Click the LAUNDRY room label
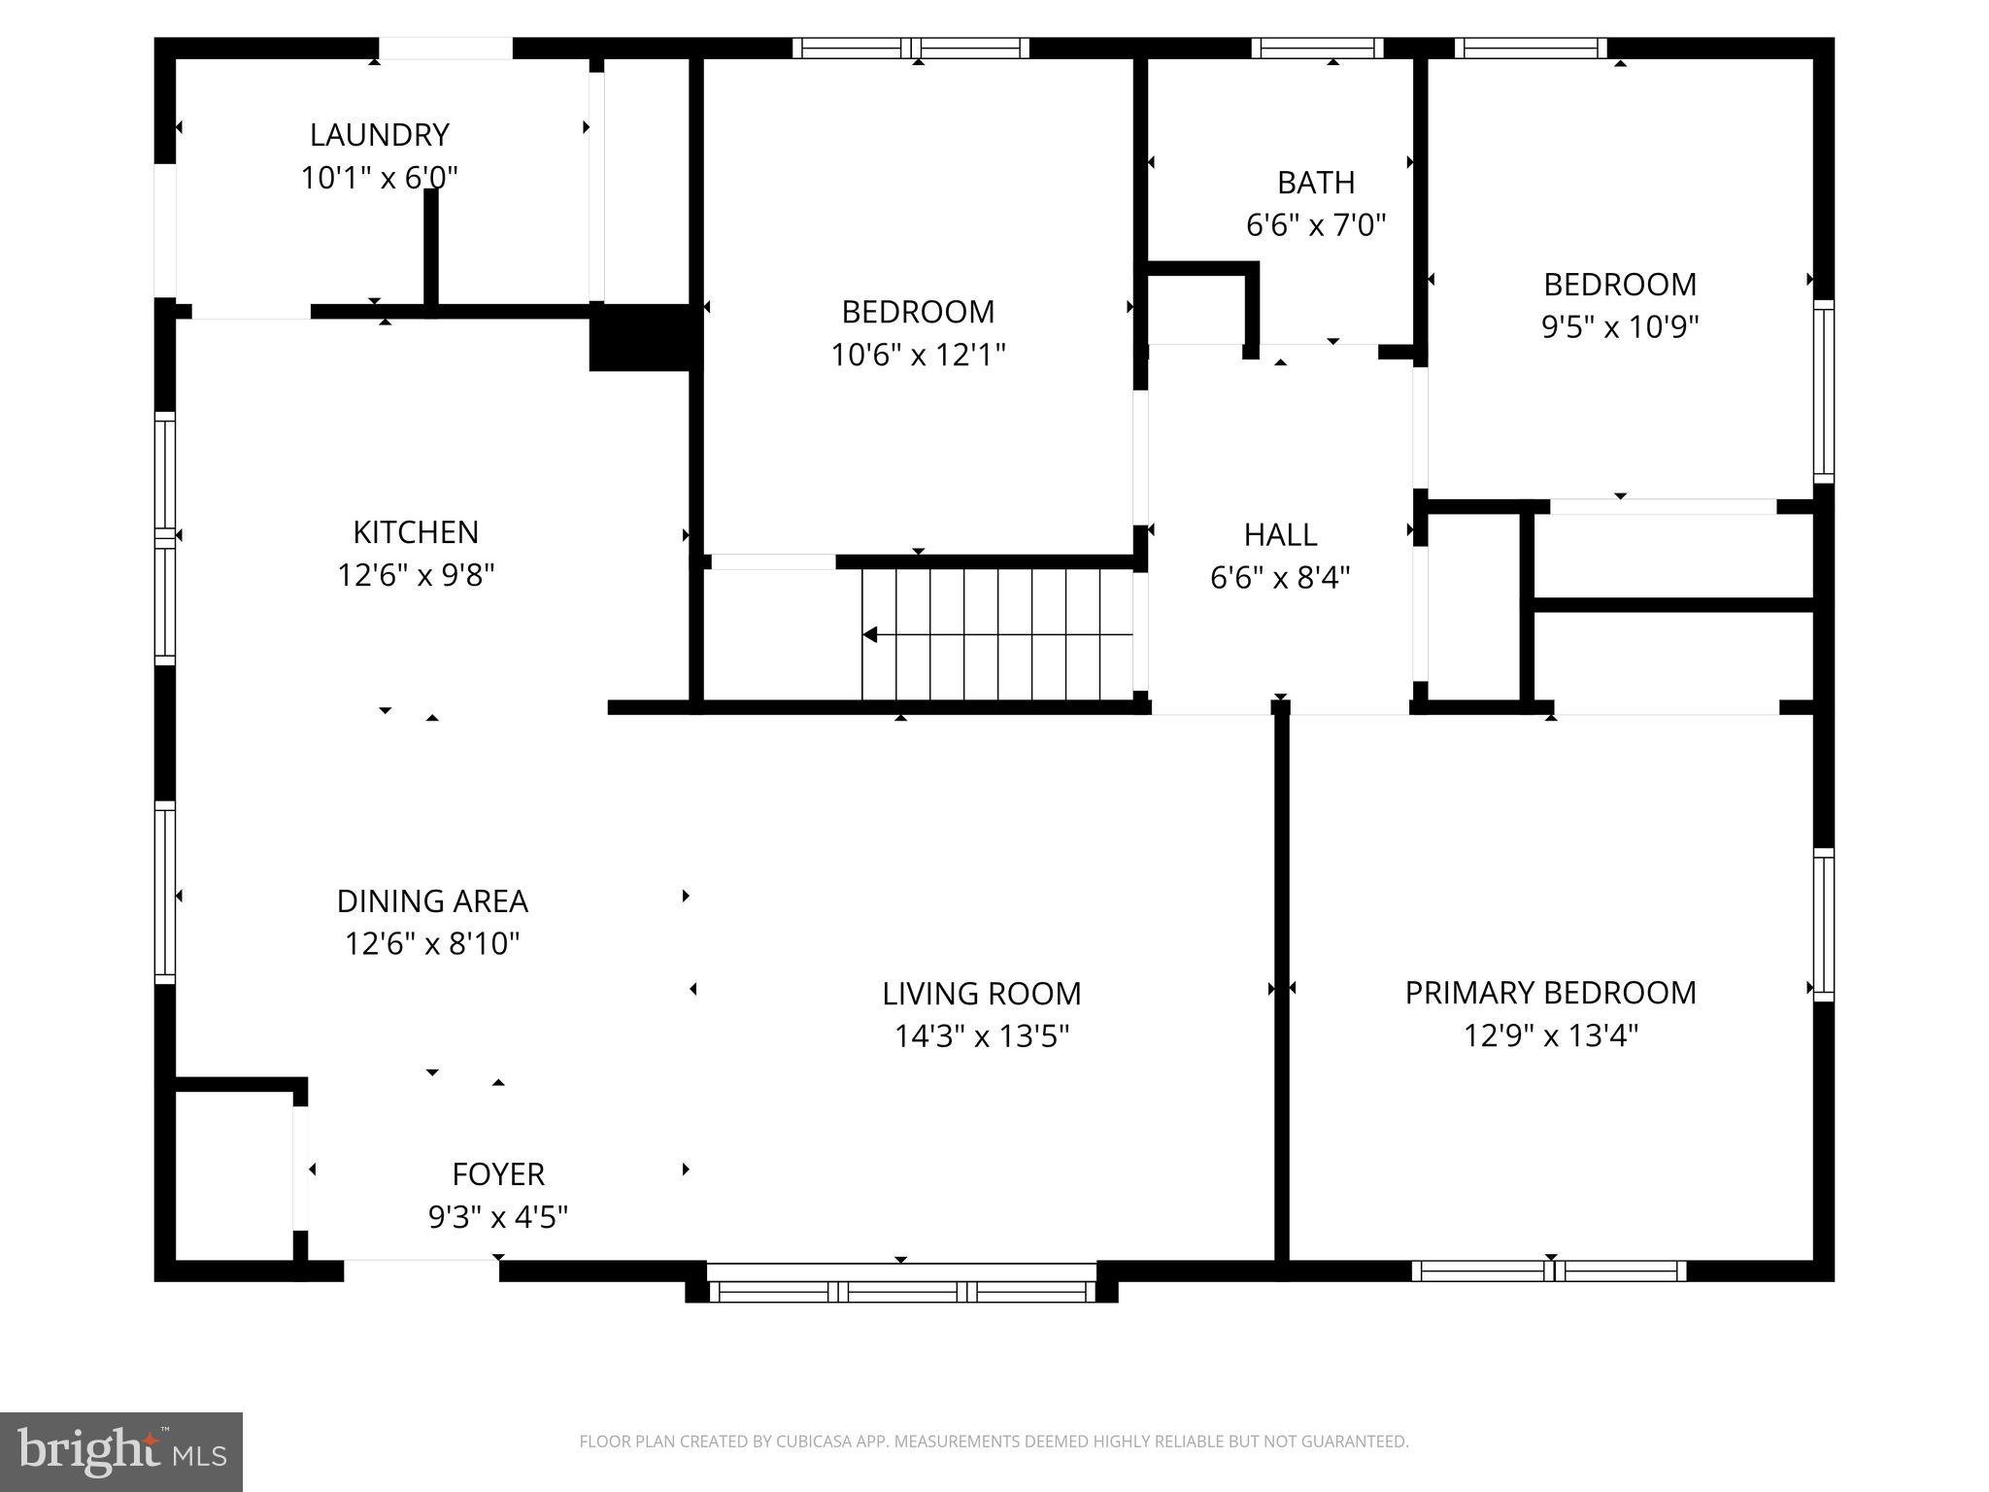click(x=379, y=134)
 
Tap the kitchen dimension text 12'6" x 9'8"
click(x=416, y=575)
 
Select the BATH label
click(x=1315, y=182)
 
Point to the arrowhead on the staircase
click(x=870, y=635)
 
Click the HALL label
click(x=1280, y=534)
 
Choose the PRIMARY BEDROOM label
click(x=1550, y=992)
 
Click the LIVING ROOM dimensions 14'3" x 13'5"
click(x=981, y=1036)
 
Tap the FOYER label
click(x=497, y=1173)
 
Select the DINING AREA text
click(x=432, y=900)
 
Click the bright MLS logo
click(x=121, y=1451)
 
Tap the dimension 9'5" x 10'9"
click(x=1619, y=326)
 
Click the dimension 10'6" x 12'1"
click(x=917, y=355)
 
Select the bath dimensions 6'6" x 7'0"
click(x=1315, y=225)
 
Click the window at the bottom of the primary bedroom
click(x=1549, y=1271)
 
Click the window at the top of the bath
click(x=1317, y=48)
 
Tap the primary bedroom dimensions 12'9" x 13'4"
click(x=1550, y=1035)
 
